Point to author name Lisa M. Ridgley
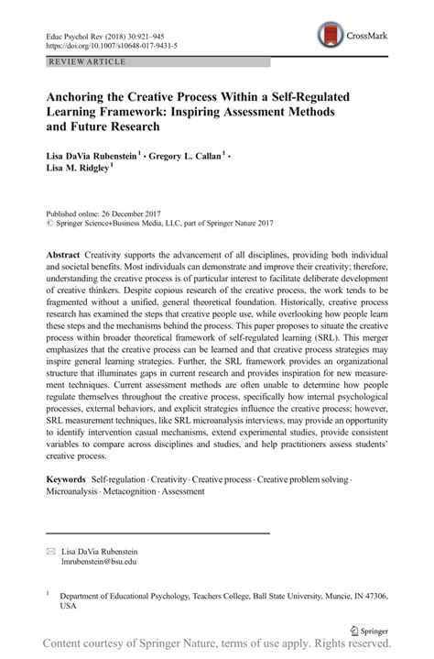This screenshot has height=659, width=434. tap(77, 171)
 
